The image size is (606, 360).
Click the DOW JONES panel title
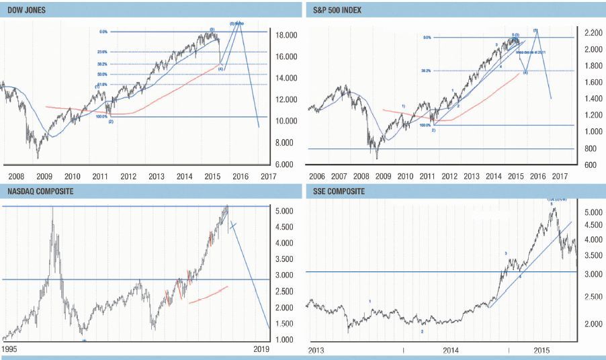[x=26, y=9]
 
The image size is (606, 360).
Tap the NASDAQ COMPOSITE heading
[x=41, y=191]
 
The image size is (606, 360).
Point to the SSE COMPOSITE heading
[x=340, y=191]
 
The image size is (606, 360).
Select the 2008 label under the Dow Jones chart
[x=16, y=176]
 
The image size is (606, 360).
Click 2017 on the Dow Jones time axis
[x=268, y=176]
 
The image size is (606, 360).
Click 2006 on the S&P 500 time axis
[x=316, y=176]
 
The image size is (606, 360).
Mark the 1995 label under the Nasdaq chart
[x=10, y=350]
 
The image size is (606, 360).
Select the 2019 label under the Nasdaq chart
[x=261, y=350]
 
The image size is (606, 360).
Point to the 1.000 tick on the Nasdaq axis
[x=285, y=340]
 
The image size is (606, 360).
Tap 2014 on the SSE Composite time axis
[x=450, y=351]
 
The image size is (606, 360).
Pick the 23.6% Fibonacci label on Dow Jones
[x=102, y=52]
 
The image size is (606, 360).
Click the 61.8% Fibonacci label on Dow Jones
[x=102, y=84]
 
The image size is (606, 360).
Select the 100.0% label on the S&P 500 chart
[x=425, y=125]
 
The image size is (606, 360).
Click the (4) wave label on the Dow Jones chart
[x=220, y=68]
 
